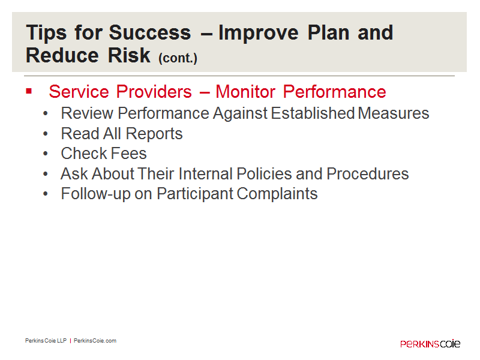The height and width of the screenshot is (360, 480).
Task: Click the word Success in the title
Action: tap(149, 32)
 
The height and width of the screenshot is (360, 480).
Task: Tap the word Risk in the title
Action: tap(129, 55)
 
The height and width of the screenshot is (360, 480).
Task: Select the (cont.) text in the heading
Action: tap(178, 58)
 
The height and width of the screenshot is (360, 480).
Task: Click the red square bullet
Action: tap(29, 91)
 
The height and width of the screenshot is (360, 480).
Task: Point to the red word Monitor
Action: tap(245, 92)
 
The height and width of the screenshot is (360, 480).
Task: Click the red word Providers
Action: tap(154, 92)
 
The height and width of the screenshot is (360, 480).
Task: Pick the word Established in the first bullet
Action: tap(313, 113)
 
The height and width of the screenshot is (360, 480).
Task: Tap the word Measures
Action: tap(394, 113)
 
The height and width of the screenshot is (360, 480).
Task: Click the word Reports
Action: tap(154, 134)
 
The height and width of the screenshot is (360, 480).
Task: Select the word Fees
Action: tap(129, 154)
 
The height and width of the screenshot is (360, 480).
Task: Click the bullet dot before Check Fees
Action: tap(46, 154)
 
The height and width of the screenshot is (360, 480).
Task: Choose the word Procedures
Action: tap(368, 173)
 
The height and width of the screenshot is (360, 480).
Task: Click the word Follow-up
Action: tap(96, 194)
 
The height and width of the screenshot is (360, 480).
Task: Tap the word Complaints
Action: tap(277, 194)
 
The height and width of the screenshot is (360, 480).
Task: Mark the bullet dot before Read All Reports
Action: tap(46, 134)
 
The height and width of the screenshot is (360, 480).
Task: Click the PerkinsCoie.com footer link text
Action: tap(95, 341)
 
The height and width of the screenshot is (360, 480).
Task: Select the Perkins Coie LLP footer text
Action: tap(46, 341)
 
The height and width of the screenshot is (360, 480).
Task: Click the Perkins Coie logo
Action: tap(430, 344)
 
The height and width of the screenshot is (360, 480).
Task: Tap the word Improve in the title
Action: tap(259, 33)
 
